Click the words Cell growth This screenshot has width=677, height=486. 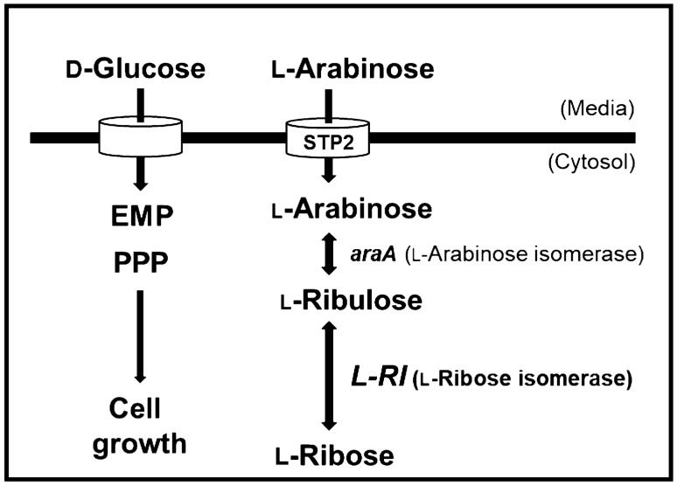tap(140, 426)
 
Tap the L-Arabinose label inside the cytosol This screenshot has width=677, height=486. tap(327, 209)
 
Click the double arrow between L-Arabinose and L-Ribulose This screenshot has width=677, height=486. tap(329, 254)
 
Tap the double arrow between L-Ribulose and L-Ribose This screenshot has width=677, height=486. tap(329, 375)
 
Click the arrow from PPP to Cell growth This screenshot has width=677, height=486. tap(138, 337)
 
